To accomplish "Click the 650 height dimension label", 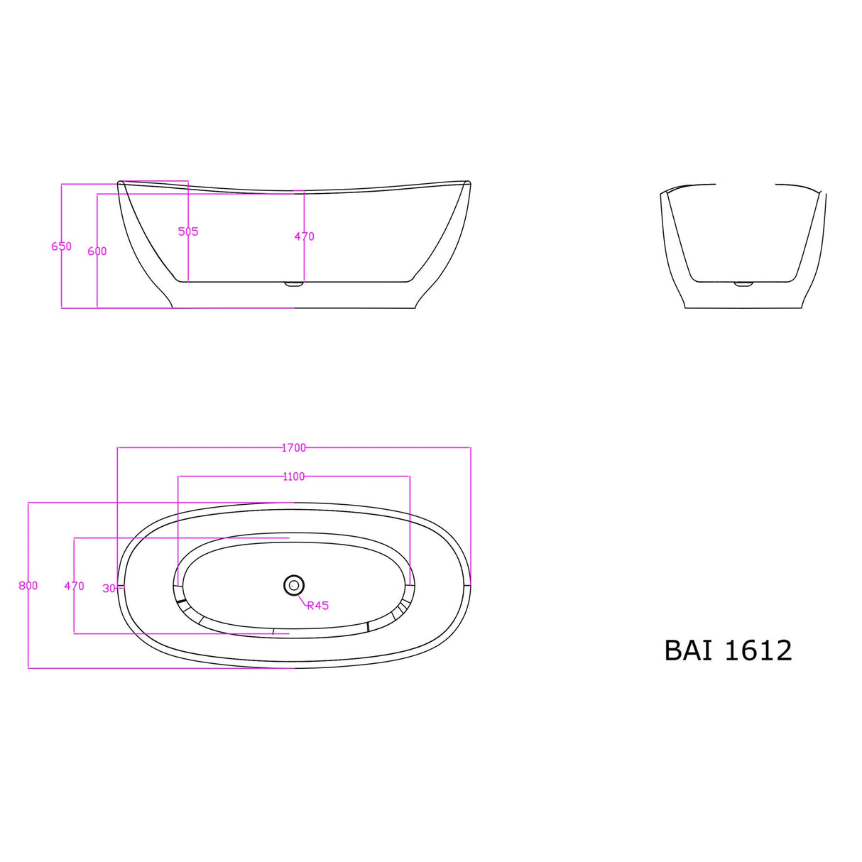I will click(61, 246).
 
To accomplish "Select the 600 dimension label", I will click(97, 251).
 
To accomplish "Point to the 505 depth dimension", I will click(188, 231).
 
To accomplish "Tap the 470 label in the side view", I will click(304, 236).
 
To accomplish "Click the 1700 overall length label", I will click(293, 448).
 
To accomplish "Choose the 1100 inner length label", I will click(293, 476).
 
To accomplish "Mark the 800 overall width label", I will click(28, 586).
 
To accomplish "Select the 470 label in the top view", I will click(74, 586).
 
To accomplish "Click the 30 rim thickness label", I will click(109, 589).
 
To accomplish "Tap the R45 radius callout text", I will click(318, 606).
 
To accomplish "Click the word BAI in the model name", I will click(687, 650).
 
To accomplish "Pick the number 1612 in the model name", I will click(758, 650).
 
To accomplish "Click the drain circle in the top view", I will click(293, 585).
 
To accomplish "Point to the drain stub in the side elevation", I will click(293, 285).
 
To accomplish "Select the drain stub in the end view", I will click(743, 284).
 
